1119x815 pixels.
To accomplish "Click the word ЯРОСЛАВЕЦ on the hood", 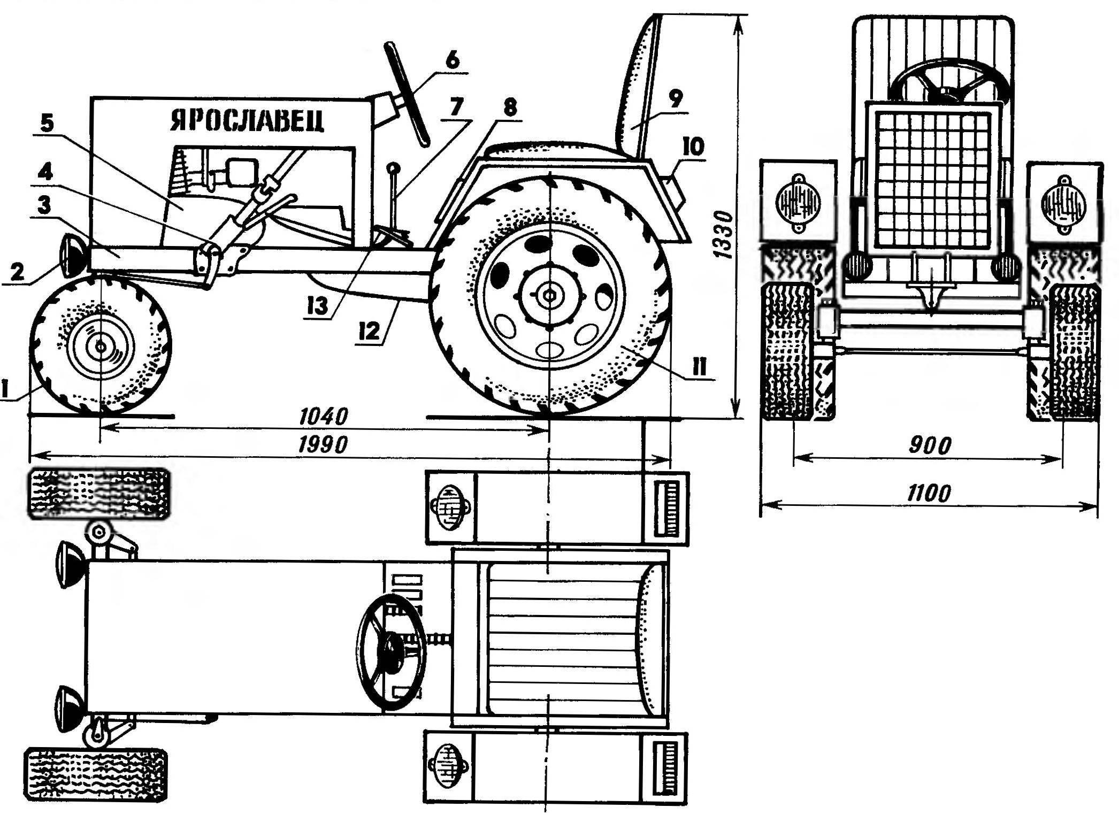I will pos(248,121).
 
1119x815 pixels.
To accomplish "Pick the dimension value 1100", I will pos(929,493).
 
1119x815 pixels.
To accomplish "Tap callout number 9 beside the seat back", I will pos(675,99).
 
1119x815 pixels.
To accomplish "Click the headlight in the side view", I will pos(75,256).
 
